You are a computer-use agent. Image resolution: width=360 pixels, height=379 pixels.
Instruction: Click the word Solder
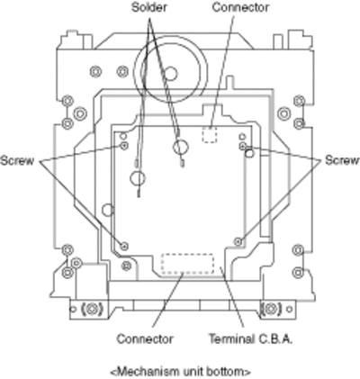149,7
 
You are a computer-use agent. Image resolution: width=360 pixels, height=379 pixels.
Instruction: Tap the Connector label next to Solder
240,7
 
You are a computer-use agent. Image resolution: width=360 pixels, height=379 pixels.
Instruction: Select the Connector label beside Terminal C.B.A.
145,339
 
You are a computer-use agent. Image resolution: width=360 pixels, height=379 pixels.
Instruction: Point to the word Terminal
231,339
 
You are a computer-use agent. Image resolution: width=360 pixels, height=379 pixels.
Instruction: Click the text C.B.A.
274,339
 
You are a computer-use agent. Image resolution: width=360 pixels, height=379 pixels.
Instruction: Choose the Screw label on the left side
17,160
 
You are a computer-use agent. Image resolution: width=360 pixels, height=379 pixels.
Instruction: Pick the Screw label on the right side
342,160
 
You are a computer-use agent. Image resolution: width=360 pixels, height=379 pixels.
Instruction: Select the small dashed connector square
210,135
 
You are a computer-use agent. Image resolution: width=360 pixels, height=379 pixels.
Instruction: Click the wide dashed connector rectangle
187,264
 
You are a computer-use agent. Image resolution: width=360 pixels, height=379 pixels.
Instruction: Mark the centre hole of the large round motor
170,74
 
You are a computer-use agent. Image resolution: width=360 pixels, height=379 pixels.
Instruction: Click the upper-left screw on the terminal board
124,146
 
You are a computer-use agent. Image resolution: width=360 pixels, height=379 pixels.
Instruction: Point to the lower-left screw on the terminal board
124,246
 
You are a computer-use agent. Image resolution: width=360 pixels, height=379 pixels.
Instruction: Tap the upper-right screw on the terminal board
242,146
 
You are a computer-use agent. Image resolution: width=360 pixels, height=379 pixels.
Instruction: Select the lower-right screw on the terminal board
238,241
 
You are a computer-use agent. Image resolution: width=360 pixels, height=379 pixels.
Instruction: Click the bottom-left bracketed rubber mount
92,309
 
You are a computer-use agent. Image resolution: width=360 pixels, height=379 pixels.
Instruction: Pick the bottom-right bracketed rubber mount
270,309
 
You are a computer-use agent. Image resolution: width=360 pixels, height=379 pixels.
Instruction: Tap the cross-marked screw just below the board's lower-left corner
127,266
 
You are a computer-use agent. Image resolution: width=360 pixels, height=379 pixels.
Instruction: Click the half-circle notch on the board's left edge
107,210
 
